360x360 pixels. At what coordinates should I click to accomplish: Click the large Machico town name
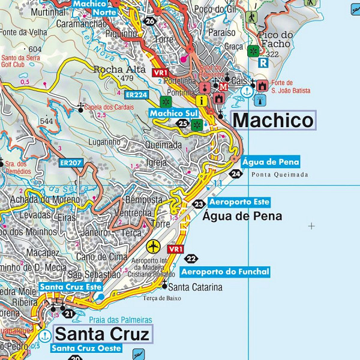(272, 121)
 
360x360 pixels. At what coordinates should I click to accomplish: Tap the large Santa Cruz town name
(102, 334)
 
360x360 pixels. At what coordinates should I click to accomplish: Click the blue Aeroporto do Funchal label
(225, 272)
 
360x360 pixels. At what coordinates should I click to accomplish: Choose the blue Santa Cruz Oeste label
(86, 348)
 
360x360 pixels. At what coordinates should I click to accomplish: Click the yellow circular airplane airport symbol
(154, 247)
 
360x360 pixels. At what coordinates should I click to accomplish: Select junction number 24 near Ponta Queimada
(236, 174)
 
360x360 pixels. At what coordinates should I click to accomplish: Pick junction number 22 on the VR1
(191, 259)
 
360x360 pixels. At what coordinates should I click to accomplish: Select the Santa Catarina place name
(195, 287)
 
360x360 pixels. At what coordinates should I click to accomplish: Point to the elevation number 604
(35, 49)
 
